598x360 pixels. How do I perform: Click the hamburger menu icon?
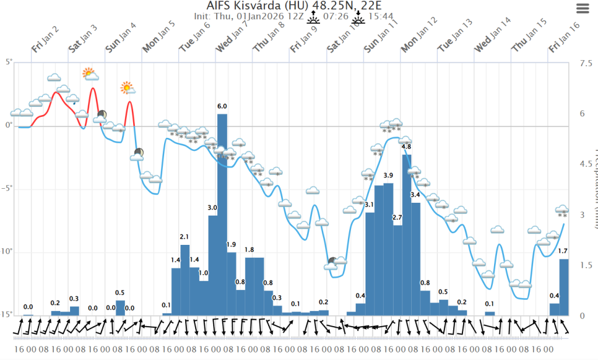click(x=583, y=8)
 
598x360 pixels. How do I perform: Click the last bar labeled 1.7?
click(x=564, y=287)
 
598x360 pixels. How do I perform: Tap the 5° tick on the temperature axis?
click(x=8, y=61)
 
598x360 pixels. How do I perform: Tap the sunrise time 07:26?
click(x=339, y=16)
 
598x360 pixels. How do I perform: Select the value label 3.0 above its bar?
click(x=213, y=207)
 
